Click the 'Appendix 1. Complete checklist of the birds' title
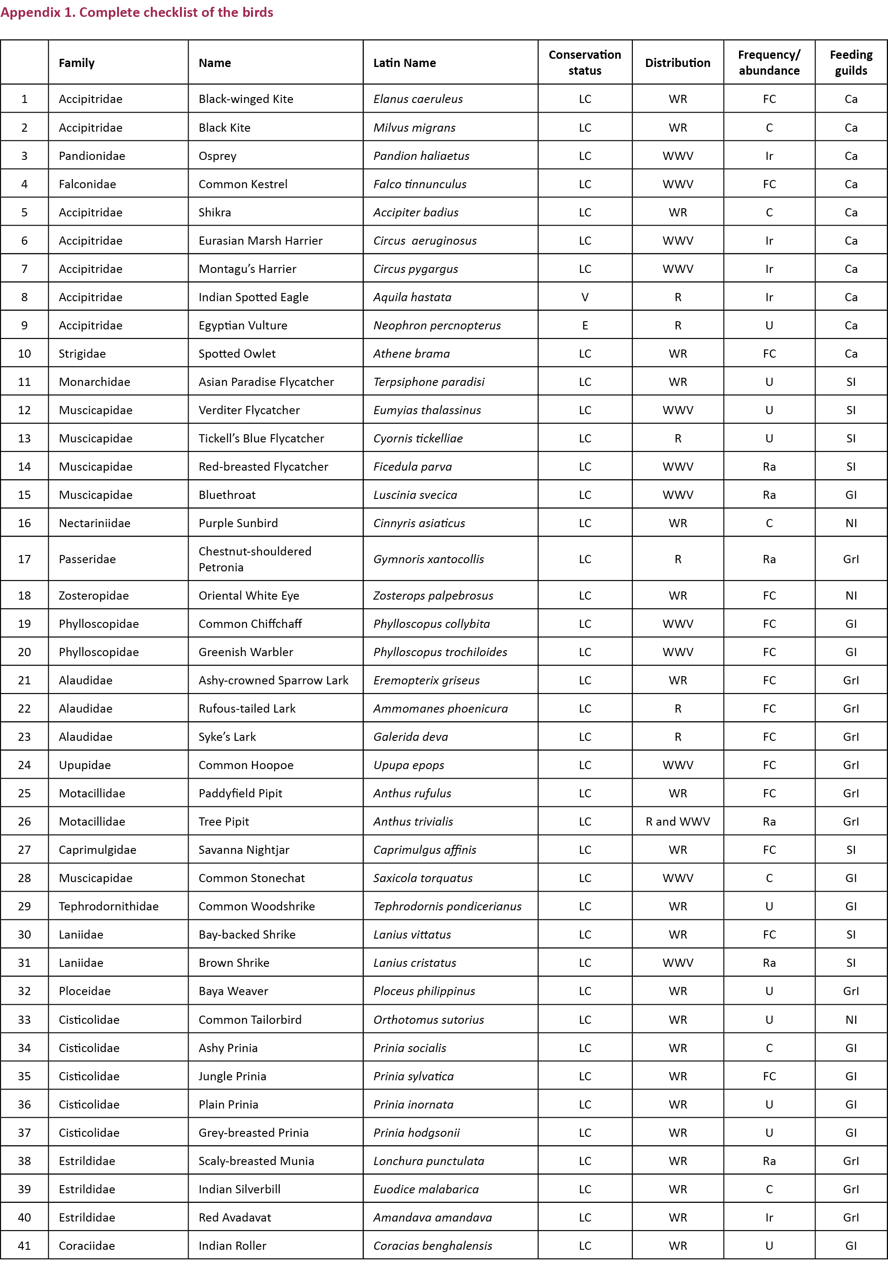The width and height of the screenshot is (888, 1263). tap(136, 12)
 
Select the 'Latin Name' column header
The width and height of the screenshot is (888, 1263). tap(405, 63)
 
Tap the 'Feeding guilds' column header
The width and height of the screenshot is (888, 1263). tap(851, 63)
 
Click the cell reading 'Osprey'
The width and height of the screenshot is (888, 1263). tap(217, 156)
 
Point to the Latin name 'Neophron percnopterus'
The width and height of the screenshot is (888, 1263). tap(437, 325)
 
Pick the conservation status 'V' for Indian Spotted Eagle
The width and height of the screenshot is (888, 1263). tap(585, 297)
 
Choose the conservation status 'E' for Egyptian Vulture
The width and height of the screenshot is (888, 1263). tap(585, 325)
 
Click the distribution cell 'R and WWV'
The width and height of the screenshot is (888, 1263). tap(678, 821)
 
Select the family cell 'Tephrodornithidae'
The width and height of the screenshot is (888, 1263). tap(108, 906)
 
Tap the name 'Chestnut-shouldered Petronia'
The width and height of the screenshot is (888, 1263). tap(255, 559)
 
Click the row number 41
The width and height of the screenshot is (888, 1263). tap(24, 1245)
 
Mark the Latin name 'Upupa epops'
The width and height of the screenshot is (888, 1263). tap(409, 765)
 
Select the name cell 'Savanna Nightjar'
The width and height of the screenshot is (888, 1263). tap(244, 849)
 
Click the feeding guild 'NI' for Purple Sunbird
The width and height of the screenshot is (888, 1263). tap(851, 523)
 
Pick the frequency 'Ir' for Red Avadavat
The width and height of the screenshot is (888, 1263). tap(769, 1217)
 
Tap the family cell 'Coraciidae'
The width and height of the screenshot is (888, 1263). tap(87, 1245)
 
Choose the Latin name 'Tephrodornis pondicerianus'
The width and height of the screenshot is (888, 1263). tap(447, 906)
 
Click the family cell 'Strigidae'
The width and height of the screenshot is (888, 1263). tap(82, 353)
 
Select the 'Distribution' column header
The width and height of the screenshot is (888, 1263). tap(678, 63)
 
